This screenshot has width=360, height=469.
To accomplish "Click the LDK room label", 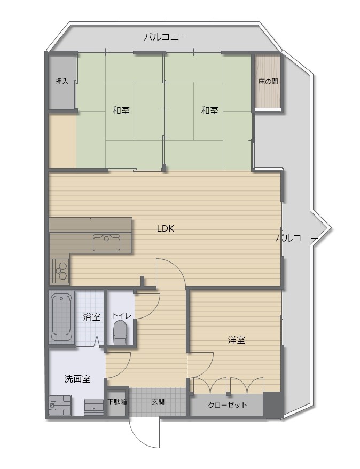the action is coord(166,229).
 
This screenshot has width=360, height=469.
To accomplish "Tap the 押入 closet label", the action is coord(62,81).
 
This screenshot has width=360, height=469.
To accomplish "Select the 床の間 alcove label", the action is coord(268,81).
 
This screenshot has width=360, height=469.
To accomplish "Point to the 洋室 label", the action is coord(237,340).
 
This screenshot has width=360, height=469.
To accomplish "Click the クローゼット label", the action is coord(228,406).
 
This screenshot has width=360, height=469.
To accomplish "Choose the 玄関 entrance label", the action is coord(158,402).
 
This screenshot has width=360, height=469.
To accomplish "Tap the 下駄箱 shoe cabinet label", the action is coord(117,402).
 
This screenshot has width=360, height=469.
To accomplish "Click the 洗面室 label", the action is coord(77,379).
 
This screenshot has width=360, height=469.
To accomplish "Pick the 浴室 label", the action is coord(91,317).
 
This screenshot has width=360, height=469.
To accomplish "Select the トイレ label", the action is coord(122,315).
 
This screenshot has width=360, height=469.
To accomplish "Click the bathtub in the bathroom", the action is coord(62,317).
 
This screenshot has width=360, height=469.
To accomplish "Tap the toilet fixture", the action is coord(120,332).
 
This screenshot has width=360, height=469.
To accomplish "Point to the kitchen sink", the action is coord(106,243).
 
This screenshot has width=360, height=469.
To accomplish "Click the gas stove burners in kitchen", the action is coord(61,271).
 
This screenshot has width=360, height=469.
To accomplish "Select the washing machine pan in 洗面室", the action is coord(60,406).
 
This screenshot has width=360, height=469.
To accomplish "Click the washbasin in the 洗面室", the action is coord(94,407).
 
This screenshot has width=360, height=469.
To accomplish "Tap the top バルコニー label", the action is coord(166,37).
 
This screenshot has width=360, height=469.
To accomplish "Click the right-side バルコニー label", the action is coord(297,239).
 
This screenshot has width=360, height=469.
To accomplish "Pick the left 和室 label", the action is coord(121,110).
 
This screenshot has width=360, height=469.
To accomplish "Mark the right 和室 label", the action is coord(210,110).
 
